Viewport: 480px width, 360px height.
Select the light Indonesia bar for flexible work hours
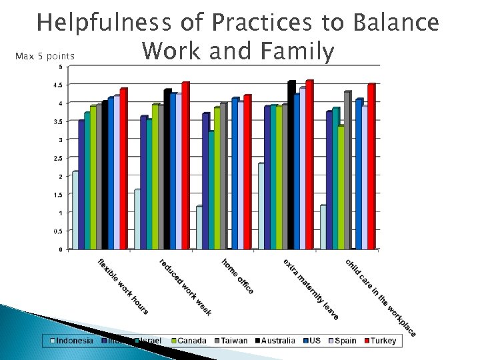pos(75,210)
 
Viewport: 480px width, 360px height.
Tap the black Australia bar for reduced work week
pos(167,169)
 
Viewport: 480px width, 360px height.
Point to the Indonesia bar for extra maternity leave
pos(261,206)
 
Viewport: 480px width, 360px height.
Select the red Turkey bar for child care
pos(371,166)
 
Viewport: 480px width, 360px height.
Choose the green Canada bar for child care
pos(341,187)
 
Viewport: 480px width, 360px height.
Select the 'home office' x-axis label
pos(238,276)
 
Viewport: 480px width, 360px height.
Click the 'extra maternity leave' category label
pos(310,288)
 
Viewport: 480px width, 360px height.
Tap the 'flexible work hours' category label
pos(123,286)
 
